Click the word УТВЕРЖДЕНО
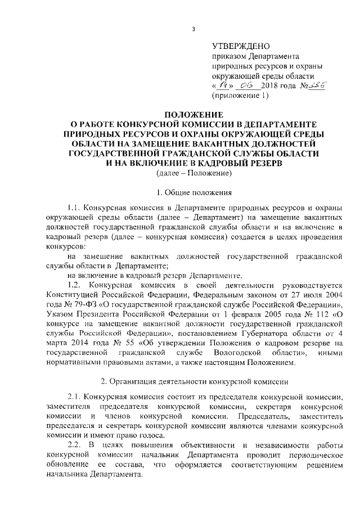[242, 46]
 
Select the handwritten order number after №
[318, 85]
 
